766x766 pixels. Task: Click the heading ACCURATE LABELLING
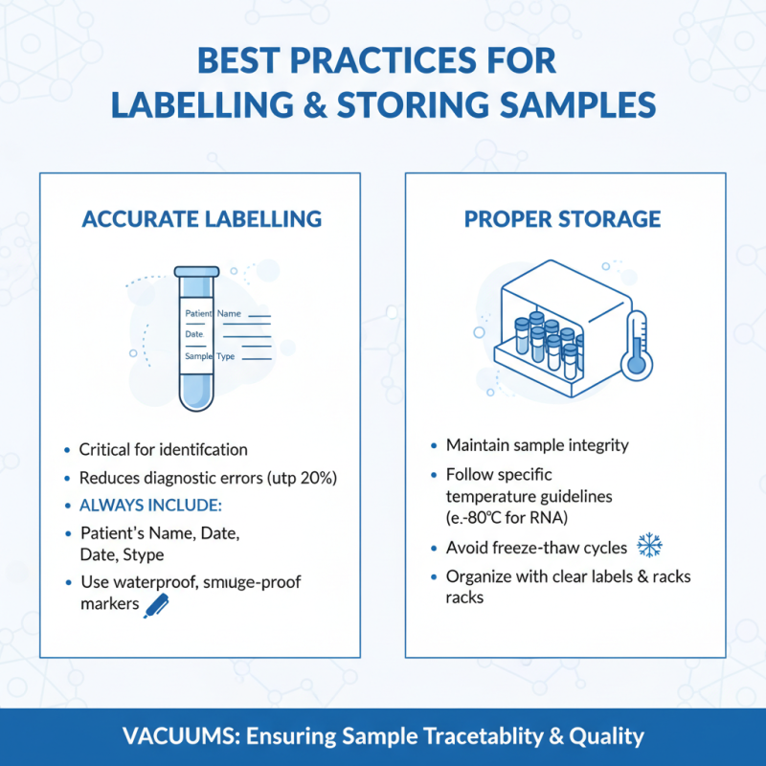coord(201,218)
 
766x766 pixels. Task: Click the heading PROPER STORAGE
coord(562,218)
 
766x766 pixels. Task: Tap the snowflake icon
coord(650,547)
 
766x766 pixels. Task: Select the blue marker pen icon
coord(154,604)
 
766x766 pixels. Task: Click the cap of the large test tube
coord(196,273)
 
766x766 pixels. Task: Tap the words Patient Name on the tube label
coord(213,313)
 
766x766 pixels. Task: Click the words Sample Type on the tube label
coord(210,356)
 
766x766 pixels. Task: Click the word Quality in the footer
coord(606,737)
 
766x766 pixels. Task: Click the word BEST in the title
coord(237,60)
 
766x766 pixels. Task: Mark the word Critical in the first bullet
coord(106,449)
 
